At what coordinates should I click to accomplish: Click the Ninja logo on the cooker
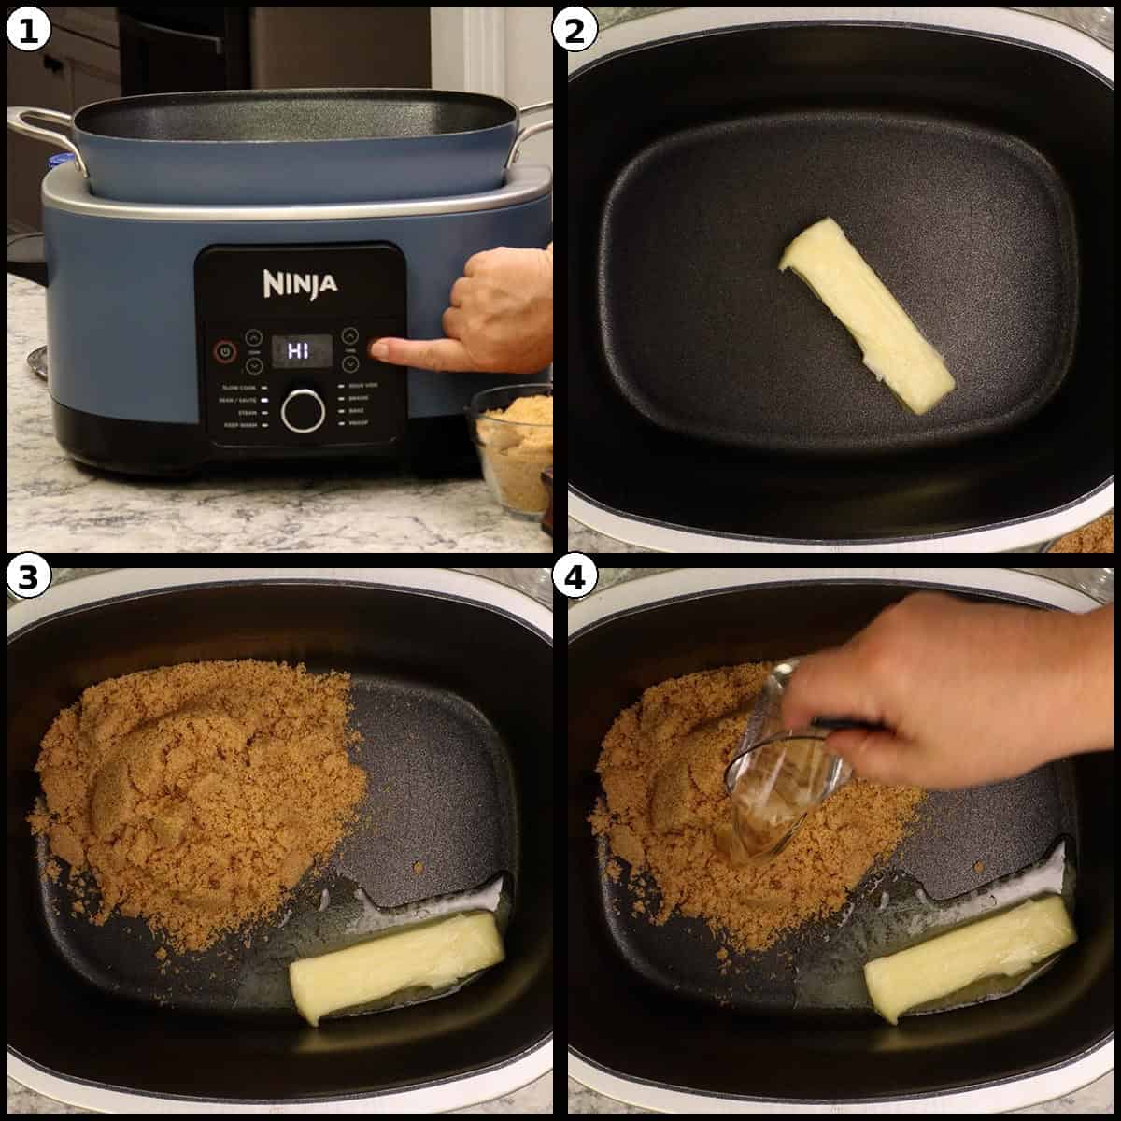click(300, 283)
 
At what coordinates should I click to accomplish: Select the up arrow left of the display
click(254, 337)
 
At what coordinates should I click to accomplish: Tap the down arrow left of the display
click(254, 363)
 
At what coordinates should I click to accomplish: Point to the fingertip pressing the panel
click(380, 350)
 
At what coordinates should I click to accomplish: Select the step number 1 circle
click(27, 30)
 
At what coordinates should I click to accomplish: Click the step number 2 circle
click(575, 30)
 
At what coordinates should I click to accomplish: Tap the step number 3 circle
click(27, 578)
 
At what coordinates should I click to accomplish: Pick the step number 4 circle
click(575, 578)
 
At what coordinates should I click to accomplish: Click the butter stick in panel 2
click(866, 314)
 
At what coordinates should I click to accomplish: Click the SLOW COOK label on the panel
click(239, 386)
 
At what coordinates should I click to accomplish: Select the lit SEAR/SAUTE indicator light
click(264, 399)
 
